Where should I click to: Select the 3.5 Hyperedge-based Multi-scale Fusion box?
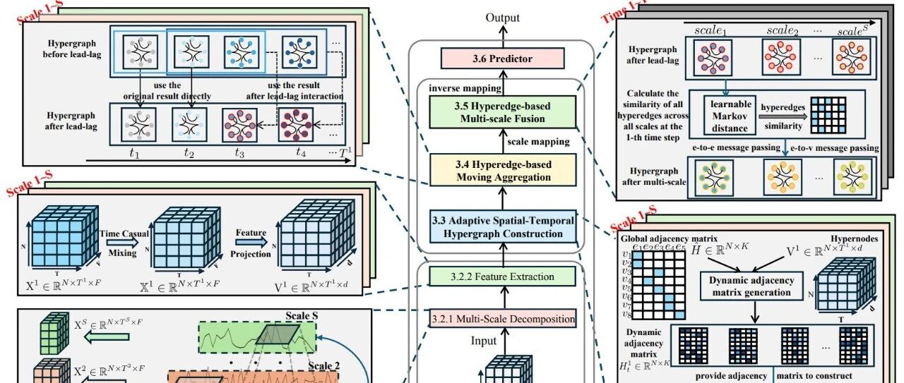pos(502,113)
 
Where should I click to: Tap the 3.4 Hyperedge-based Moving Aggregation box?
pos(502,171)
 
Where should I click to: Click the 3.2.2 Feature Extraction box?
pos(502,277)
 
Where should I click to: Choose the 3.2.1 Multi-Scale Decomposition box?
pos(502,319)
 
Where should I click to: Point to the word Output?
pos(502,18)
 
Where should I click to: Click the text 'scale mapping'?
pos(538,142)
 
